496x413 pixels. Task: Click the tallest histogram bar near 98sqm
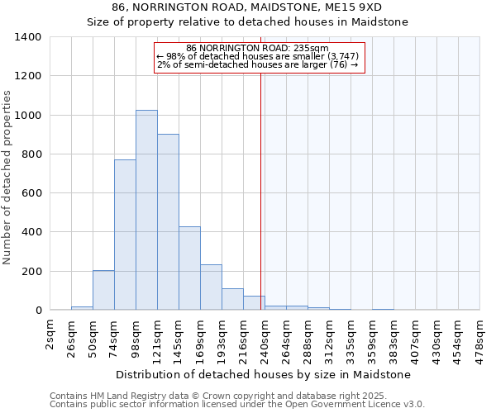(x=146, y=210)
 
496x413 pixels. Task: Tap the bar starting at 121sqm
(x=168, y=221)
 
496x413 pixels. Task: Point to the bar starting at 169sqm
(x=211, y=287)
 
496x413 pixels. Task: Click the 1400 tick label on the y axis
(x=27, y=37)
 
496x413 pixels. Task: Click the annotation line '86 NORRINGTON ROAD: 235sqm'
(x=258, y=48)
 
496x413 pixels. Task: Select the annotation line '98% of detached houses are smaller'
(x=258, y=56)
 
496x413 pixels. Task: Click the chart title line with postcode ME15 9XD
(x=248, y=7)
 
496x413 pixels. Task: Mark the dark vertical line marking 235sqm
(x=261, y=190)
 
